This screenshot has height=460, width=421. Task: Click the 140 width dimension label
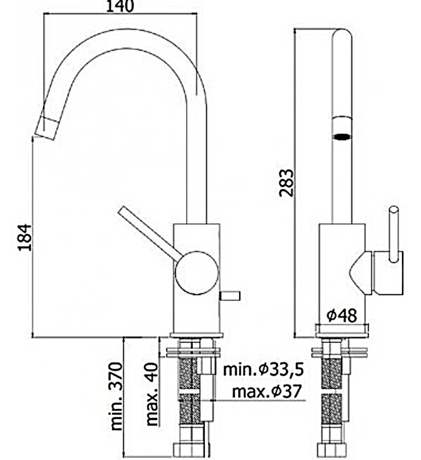point(120,6)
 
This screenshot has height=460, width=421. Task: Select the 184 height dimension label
point(24,236)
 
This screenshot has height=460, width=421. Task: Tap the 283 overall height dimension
point(286,183)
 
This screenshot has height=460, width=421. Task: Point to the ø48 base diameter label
point(342,315)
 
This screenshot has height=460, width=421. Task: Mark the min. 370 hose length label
point(117,397)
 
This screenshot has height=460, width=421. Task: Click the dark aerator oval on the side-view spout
point(342,137)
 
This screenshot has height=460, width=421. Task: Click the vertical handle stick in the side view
point(395,230)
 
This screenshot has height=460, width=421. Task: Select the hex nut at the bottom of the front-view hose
point(190,450)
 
